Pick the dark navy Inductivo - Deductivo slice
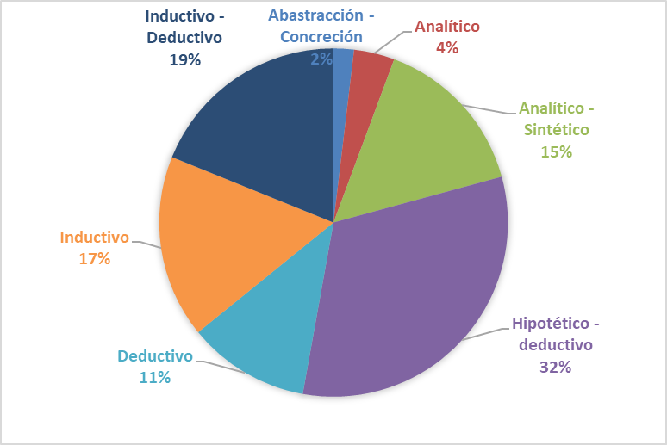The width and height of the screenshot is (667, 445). [259, 129]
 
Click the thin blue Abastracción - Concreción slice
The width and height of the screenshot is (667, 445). [341, 86]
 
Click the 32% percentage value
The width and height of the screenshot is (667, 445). [555, 367]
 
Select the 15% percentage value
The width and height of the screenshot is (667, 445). [556, 151]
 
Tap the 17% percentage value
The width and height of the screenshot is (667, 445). [94, 258]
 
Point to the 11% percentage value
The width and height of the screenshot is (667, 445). [155, 377]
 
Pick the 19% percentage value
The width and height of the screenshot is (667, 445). [184, 60]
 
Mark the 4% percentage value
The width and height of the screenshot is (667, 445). [446, 48]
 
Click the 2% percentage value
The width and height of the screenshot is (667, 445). [321, 59]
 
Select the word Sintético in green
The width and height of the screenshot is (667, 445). [556, 130]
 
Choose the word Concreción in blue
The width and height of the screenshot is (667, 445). [321, 37]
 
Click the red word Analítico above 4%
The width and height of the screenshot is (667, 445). [446, 27]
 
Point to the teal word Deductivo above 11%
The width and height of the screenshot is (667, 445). [155, 355]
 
